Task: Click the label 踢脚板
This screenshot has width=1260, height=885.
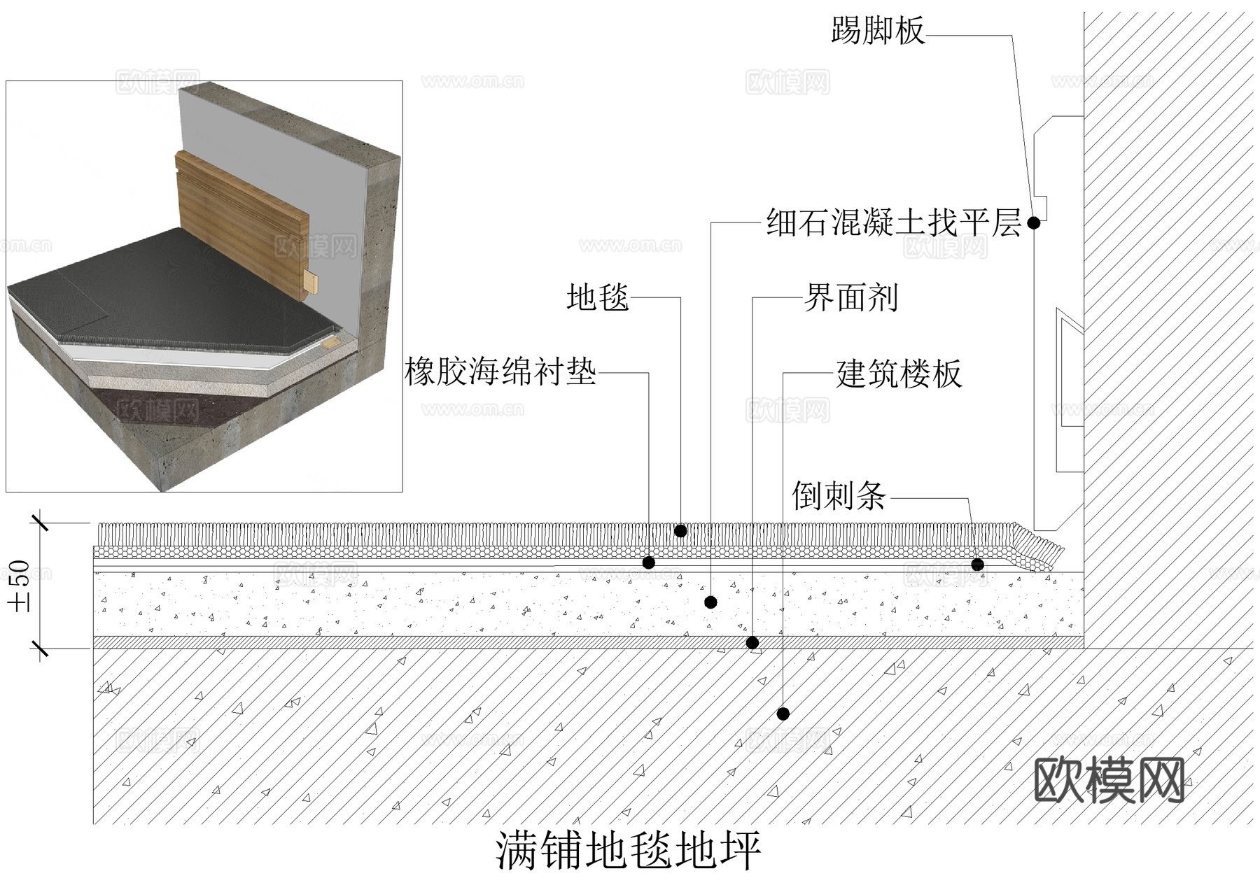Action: coord(878,31)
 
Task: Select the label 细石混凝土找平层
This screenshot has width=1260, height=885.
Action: coord(893,223)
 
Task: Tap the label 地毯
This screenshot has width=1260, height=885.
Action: coord(597,297)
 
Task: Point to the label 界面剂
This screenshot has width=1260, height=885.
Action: coord(850,298)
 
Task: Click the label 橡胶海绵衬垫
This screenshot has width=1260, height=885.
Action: coord(500,371)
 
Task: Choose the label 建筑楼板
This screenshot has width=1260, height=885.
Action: coord(899,374)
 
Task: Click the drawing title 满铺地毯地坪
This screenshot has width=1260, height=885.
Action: coord(629,851)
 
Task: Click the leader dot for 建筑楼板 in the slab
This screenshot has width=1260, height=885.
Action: coord(783,714)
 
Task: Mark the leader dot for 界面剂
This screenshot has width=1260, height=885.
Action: coord(752,643)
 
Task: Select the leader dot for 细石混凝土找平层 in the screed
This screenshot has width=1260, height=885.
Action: coord(710,602)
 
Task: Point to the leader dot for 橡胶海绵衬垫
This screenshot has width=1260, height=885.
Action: coord(649,562)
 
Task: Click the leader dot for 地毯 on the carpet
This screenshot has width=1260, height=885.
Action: coord(680,531)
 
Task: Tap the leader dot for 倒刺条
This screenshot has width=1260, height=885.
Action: coord(978,564)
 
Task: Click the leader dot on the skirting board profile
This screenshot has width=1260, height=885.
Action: coord(1033,223)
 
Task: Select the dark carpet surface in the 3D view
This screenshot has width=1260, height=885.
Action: coord(175,294)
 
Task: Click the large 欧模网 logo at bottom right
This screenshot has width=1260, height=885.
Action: coord(1109,779)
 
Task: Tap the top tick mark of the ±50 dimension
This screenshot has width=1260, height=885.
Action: coord(40,522)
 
